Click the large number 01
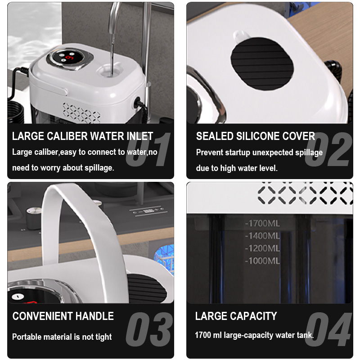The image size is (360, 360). (148, 149)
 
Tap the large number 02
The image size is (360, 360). (328, 149)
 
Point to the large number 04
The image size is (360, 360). (328, 329)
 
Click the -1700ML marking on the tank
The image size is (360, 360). (262, 223)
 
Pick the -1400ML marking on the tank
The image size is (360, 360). (262, 236)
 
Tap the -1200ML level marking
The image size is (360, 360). (262, 248)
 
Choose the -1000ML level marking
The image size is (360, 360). (262, 261)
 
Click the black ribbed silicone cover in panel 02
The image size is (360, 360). (262, 63)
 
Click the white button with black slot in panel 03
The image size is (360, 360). (18, 297)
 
